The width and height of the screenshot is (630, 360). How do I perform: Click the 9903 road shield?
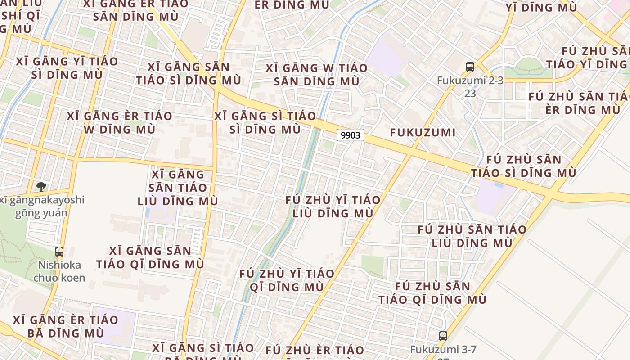pos(350,135)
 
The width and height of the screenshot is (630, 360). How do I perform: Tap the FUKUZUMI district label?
pos(423,133)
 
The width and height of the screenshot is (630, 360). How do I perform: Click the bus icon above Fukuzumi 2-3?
pos(470,67)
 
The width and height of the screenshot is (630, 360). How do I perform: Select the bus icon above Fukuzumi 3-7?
pos(443,336)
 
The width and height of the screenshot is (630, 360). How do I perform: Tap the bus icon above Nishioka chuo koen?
pos(59,252)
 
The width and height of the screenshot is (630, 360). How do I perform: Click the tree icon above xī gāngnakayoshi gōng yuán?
pos(41,186)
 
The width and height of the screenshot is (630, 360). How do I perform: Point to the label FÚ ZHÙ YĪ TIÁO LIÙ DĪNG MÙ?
pos(333,207)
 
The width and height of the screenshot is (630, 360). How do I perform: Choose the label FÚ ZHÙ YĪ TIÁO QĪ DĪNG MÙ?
pos(287,280)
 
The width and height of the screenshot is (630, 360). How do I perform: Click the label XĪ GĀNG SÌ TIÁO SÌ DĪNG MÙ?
pos(265,122)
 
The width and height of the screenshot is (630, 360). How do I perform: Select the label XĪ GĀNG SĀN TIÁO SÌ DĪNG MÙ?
pos(189,74)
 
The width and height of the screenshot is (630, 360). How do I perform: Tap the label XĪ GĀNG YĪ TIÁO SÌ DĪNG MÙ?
pos(67,68)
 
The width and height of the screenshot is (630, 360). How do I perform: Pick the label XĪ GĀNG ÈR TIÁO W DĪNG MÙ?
pos(119,122)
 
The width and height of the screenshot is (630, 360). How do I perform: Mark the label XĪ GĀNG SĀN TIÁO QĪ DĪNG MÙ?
pos(150,257)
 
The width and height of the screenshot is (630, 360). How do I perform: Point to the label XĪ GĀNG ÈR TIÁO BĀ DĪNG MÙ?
pos(65,327)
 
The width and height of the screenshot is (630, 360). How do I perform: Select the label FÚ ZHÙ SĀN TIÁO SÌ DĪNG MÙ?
pos(524,166)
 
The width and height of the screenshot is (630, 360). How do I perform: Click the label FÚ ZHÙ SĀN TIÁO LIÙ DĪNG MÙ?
pos(472,236)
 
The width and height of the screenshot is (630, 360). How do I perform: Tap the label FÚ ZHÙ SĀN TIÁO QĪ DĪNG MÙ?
pos(432,293)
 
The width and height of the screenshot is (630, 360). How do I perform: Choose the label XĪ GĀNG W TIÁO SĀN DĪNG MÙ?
pos(316,75)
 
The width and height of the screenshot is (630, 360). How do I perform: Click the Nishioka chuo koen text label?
pos(59,271)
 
